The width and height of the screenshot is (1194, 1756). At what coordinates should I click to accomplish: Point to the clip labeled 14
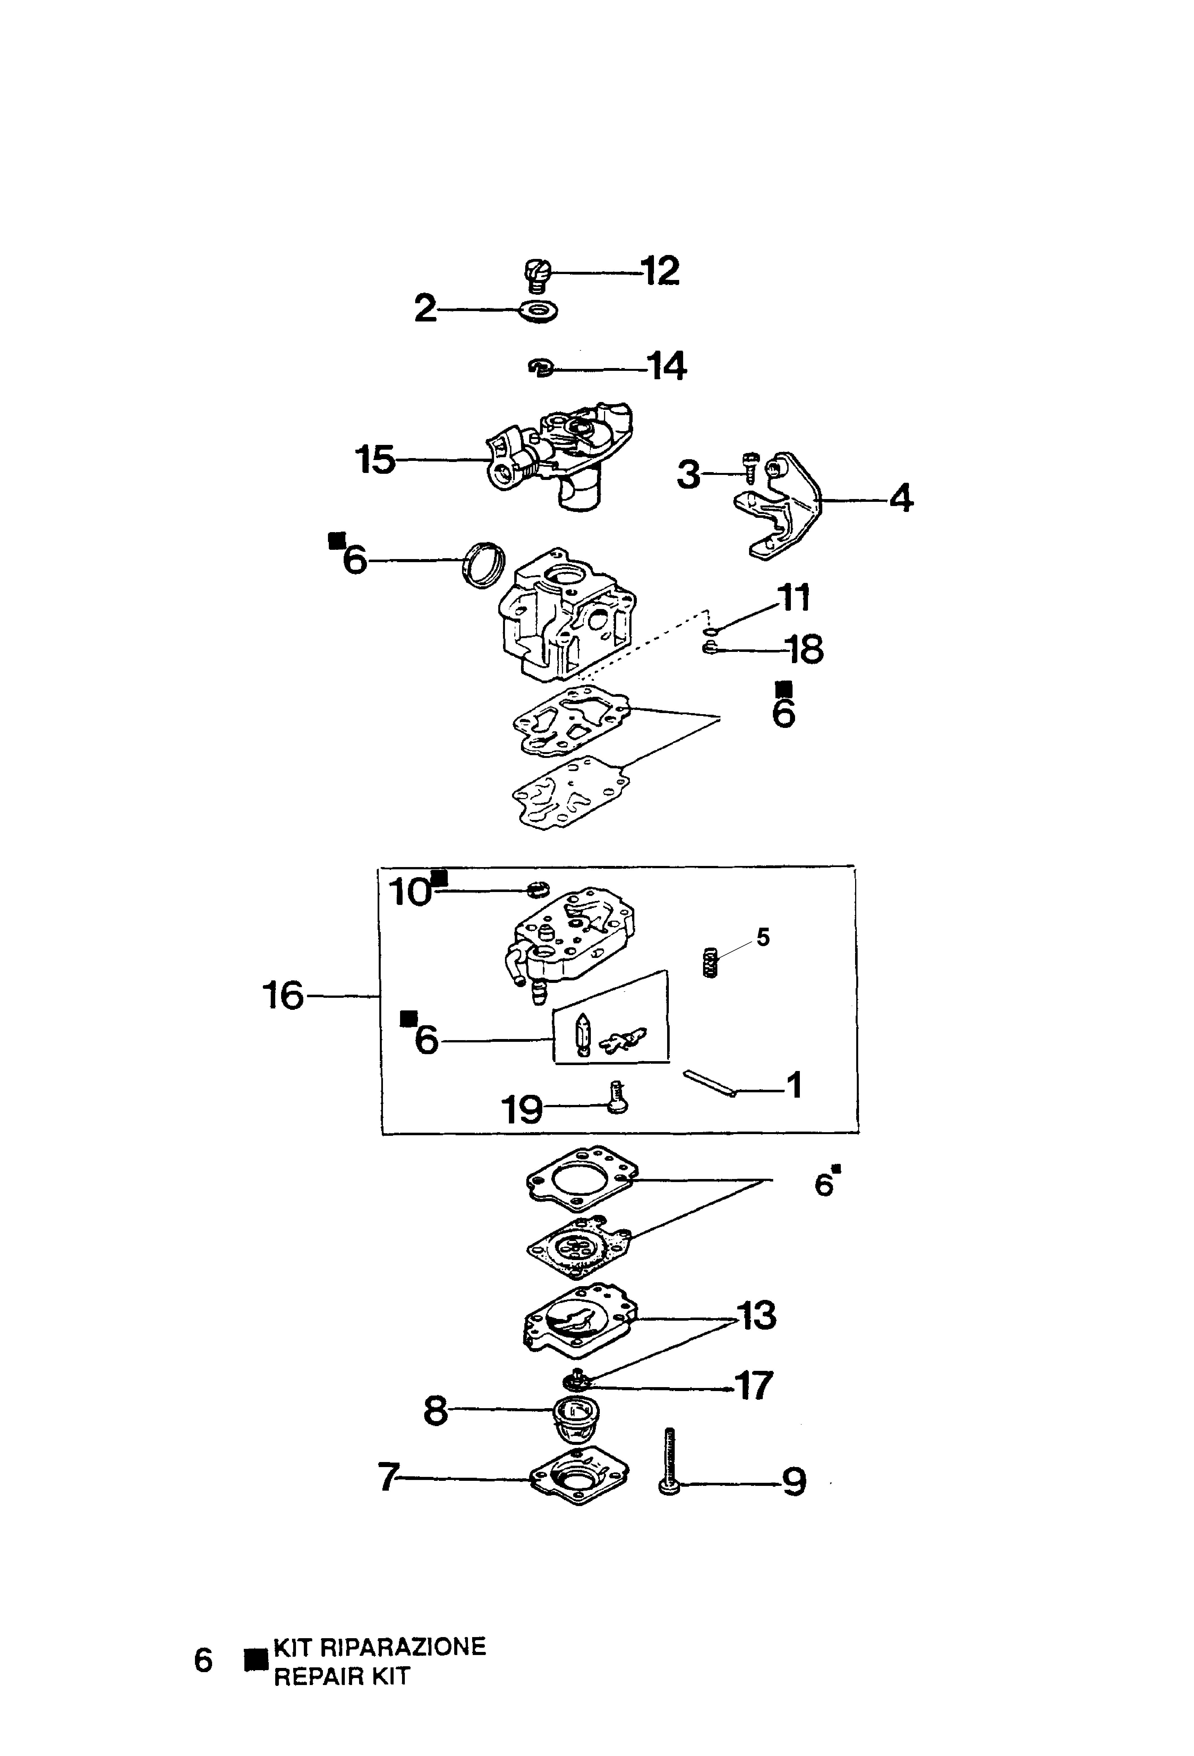coord(541,368)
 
